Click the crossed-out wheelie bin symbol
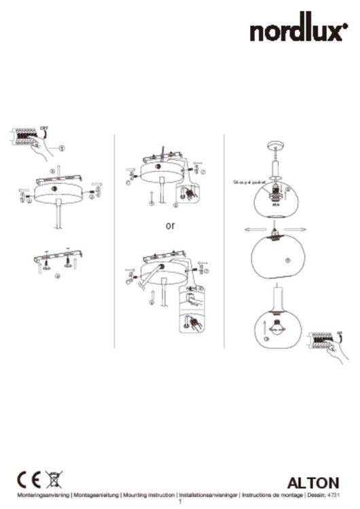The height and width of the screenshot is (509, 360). (x=52, y=479)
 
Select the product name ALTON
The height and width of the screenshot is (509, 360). (x=313, y=483)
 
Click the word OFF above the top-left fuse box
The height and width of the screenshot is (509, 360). (x=43, y=126)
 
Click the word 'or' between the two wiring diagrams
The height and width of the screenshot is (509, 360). (x=170, y=226)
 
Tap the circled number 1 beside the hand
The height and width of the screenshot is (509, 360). (x=62, y=147)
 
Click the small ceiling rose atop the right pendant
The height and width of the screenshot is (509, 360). (x=276, y=145)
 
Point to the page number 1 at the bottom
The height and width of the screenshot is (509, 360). (x=180, y=503)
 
